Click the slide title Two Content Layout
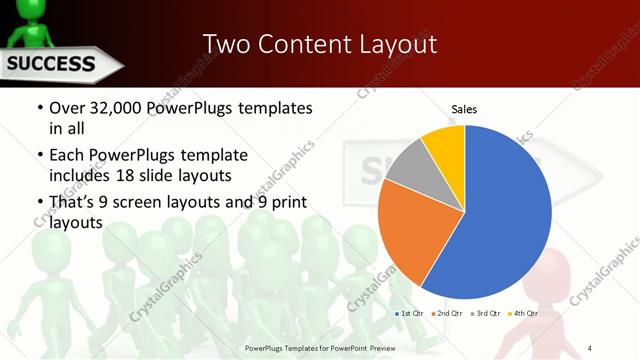(319, 44)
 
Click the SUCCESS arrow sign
(55, 66)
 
